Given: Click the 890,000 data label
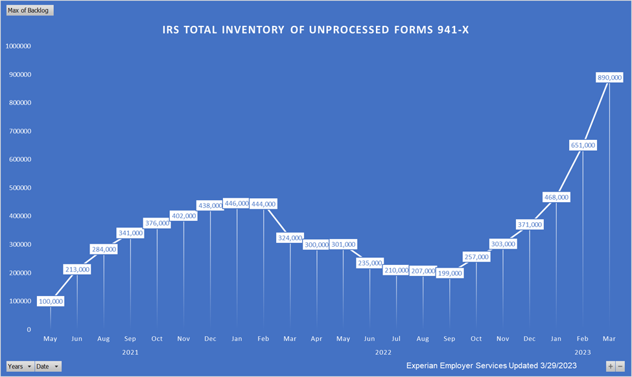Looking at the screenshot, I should (609, 77).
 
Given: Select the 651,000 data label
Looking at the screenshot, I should (582, 145).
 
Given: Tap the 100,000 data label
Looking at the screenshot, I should (51, 301).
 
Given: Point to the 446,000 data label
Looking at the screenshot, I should (236, 203).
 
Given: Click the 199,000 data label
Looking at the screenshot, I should (449, 273).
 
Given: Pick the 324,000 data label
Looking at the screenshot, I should (290, 238).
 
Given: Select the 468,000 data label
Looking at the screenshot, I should (556, 197).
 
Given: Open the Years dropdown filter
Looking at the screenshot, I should (19, 367).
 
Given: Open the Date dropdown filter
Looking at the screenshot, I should (48, 367).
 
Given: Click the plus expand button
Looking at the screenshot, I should (610, 367).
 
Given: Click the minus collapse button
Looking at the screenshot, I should (620, 367).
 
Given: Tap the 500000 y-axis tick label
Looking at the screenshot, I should (20, 188).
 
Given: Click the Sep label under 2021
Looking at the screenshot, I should (130, 339).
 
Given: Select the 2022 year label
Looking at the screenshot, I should (383, 352).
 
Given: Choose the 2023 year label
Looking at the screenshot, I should (582, 352).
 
